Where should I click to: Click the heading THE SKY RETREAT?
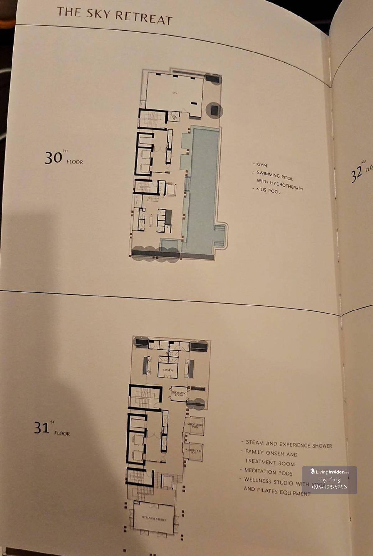pyautogui.click(x=114, y=16)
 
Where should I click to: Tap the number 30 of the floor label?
pyautogui.click(x=53, y=158)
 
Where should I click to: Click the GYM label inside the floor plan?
pyautogui.click(x=175, y=93)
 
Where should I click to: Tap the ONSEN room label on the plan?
pyautogui.click(x=168, y=370)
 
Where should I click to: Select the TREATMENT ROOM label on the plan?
pyautogui.click(x=179, y=394)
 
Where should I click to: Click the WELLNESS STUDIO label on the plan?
pyautogui.click(x=154, y=518)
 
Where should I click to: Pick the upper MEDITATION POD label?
pyautogui.click(x=195, y=426)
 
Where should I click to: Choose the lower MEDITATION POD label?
pyautogui.click(x=194, y=451)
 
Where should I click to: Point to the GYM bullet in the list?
pyautogui.click(x=262, y=165)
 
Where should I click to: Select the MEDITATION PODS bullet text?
pyautogui.click(x=268, y=472)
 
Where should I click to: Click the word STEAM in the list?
pyautogui.click(x=254, y=442)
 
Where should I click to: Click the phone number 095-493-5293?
pyautogui.click(x=329, y=487)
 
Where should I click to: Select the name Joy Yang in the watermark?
pyautogui.click(x=329, y=480)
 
